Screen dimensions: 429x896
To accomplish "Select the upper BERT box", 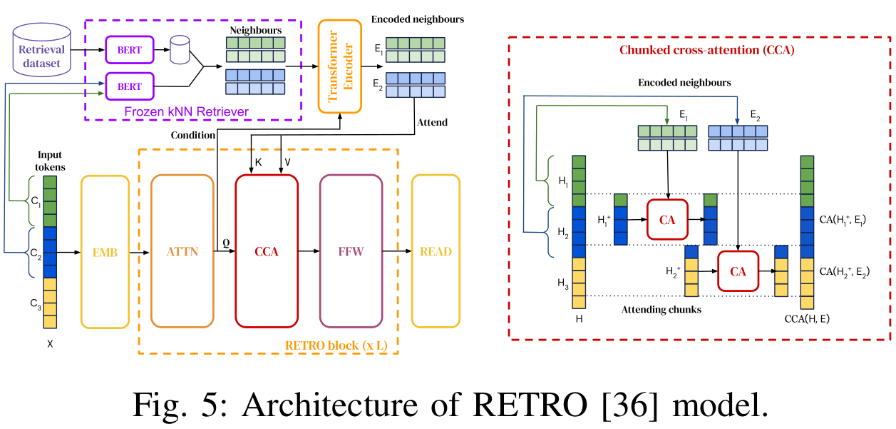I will click(129, 50).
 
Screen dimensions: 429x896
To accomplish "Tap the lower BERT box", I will click(129, 86).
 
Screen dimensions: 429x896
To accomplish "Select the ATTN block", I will click(182, 251).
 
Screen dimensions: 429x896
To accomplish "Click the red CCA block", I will click(267, 251).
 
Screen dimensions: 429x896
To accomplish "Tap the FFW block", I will click(351, 251).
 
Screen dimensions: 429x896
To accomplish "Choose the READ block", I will click(436, 251).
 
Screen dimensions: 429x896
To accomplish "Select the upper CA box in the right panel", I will click(667, 219).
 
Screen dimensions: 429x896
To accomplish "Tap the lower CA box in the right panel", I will click(738, 271).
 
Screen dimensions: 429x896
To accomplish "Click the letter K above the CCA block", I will click(258, 162).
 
